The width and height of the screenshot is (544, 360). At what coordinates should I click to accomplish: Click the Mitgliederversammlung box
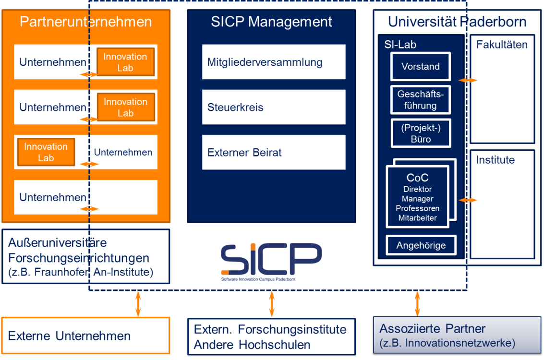274,62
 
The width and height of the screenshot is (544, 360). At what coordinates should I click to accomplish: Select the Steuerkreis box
274,107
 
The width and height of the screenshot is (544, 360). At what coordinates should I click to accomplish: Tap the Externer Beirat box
274,152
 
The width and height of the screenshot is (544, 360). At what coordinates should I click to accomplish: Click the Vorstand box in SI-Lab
421,66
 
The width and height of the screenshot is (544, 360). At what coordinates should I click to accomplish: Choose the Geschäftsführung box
421,100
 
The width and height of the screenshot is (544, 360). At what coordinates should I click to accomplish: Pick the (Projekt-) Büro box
421,133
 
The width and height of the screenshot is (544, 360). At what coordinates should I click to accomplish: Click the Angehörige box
421,245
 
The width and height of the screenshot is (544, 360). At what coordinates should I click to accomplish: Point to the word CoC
417,178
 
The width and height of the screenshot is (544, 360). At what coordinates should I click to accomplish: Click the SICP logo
271,262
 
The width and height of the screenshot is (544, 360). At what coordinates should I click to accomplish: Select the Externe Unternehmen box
85,336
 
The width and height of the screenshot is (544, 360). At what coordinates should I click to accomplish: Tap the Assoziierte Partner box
457,335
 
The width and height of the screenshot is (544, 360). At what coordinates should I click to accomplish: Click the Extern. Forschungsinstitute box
272,336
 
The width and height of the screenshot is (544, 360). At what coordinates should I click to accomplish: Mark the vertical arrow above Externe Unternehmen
138,304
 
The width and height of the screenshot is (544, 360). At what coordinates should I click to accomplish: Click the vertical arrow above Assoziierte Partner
417,304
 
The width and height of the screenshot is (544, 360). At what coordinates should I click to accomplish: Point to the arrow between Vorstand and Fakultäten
468,80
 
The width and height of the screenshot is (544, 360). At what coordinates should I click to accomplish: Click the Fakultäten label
502,44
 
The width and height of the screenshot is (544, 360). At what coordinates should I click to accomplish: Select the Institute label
495,160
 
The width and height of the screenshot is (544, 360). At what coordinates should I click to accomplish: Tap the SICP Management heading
271,22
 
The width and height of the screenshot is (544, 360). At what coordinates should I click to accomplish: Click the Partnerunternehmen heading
85,22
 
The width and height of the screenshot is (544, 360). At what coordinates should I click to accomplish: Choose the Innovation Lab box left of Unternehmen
46,152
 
